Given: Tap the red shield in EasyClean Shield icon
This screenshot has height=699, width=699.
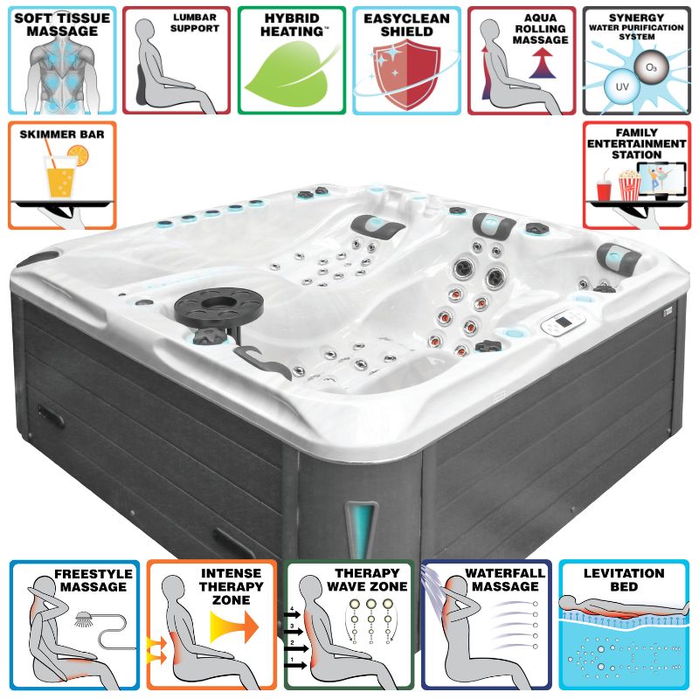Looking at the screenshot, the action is (x=406, y=73).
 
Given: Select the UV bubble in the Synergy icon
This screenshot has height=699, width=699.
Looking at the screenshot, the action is (x=622, y=87).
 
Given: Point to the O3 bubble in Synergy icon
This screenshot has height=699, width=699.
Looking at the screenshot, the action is (x=651, y=67).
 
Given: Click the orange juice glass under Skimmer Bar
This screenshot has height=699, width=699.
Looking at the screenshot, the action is (x=61, y=176).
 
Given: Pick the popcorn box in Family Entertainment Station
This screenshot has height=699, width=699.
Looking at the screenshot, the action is (x=629, y=186).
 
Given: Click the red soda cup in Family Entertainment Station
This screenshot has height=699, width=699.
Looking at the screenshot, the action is (x=604, y=190).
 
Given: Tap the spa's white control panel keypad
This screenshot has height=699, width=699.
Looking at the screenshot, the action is (x=563, y=322).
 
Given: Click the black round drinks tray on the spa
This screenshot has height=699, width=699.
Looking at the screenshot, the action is (x=218, y=306).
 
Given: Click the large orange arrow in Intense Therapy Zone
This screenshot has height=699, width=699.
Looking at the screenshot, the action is (x=234, y=626).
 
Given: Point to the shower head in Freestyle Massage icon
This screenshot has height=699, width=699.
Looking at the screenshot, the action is (x=83, y=619).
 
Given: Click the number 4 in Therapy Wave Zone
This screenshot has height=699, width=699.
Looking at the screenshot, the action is (x=292, y=608).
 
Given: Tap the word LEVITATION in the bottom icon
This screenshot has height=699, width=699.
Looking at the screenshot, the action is (x=624, y=573).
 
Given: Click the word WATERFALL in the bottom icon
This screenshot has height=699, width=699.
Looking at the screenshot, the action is (x=505, y=573).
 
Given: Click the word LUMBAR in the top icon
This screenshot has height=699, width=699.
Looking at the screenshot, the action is (x=195, y=17).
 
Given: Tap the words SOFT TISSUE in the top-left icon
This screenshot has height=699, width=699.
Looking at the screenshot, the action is (x=62, y=18).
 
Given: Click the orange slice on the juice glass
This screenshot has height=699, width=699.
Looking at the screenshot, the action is (x=79, y=156).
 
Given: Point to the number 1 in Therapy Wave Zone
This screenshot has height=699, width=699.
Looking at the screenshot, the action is (x=292, y=660).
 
